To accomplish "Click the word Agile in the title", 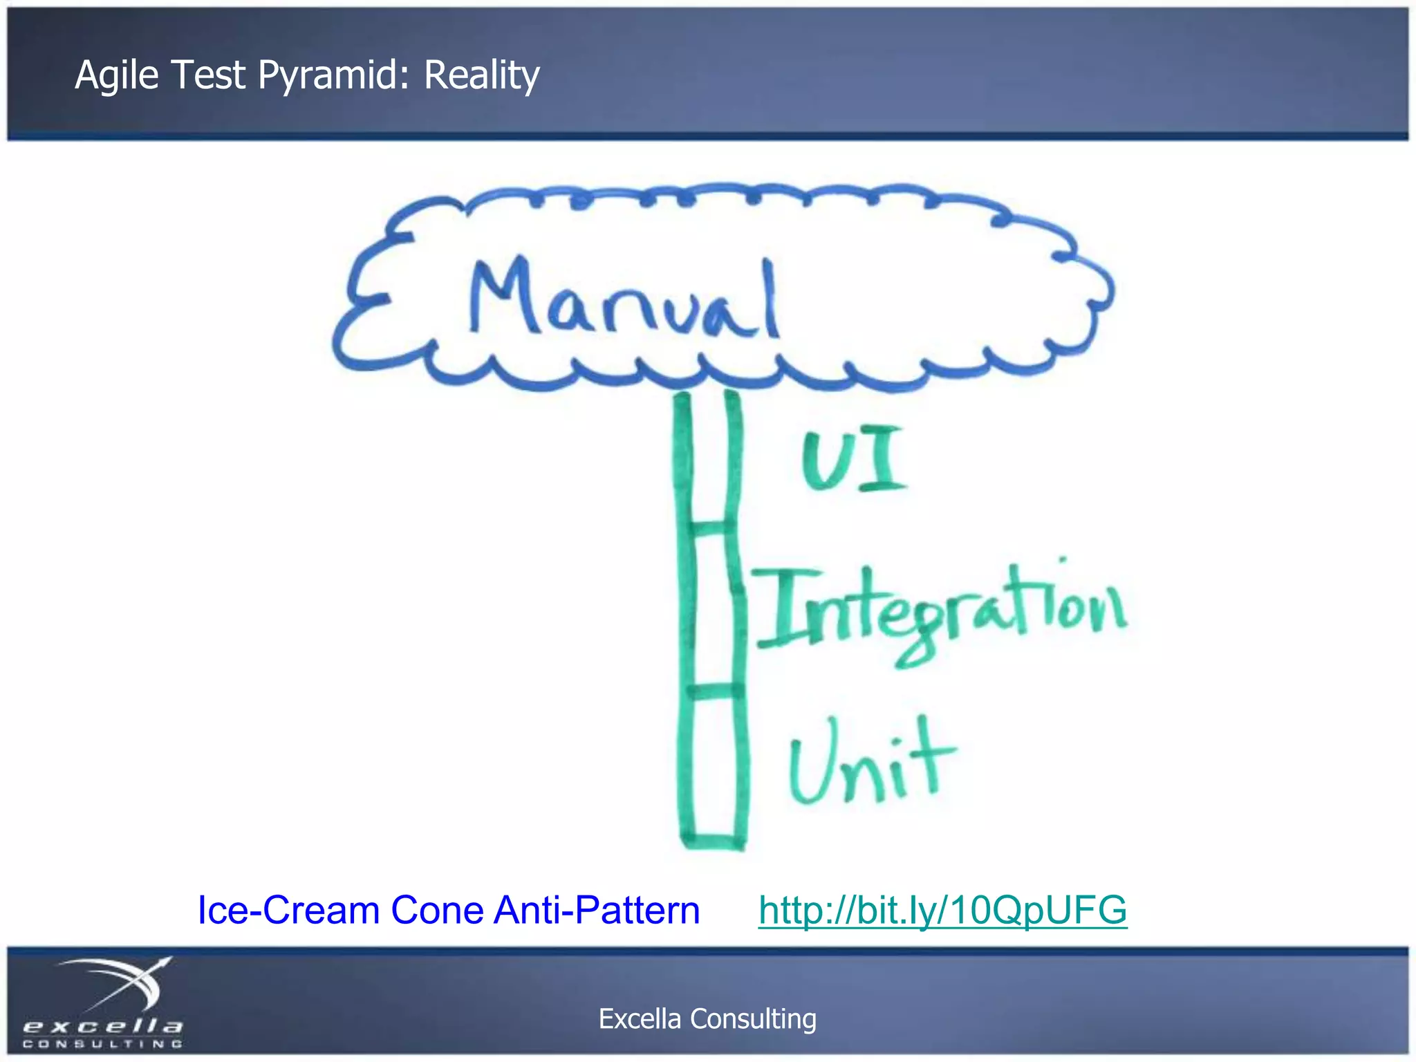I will [x=116, y=75].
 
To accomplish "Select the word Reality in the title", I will [x=481, y=75].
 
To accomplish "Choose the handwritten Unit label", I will [x=871, y=761].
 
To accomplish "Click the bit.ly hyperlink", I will [x=942, y=909].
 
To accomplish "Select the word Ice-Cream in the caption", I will [x=288, y=909].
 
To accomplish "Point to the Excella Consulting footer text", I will [x=707, y=1018].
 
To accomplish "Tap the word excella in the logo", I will [x=102, y=1025].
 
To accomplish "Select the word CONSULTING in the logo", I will [x=102, y=1043].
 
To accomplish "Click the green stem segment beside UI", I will [x=709, y=460].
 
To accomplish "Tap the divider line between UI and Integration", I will [x=710, y=528].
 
